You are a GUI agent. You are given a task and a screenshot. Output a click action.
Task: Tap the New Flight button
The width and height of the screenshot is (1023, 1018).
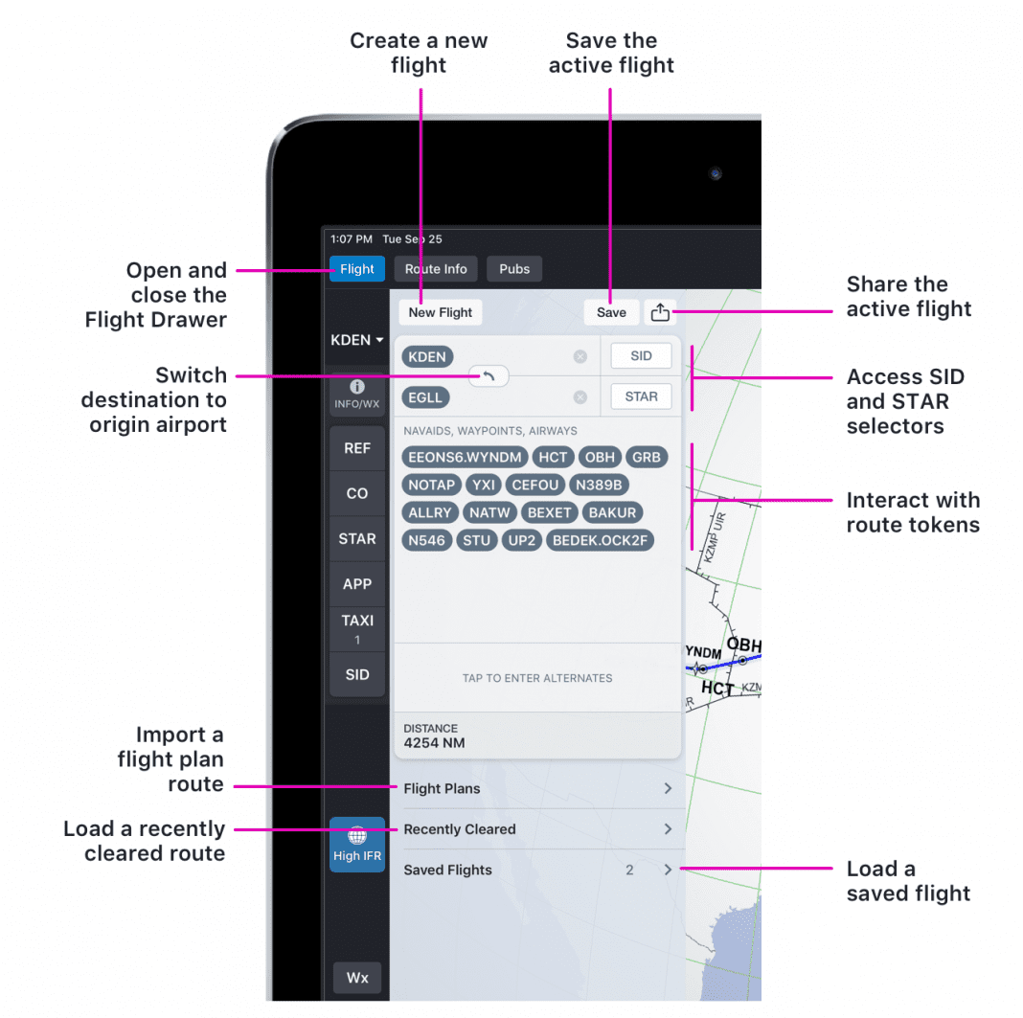[441, 312]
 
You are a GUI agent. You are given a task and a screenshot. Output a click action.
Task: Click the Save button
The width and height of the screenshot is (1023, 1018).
[611, 312]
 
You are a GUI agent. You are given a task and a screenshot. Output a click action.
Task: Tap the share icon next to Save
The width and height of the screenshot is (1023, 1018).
[660, 312]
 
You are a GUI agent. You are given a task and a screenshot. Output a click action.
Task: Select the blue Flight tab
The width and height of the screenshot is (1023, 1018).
[356, 269]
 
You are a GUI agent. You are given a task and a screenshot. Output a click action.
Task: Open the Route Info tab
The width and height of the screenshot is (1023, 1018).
[436, 269]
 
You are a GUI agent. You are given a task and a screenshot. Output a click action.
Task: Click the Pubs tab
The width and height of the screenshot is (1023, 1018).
[514, 269]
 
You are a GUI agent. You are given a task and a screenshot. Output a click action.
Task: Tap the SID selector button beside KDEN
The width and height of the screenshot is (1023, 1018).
[641, 356]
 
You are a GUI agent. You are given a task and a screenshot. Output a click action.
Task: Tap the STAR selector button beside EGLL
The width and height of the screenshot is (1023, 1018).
[641, 396]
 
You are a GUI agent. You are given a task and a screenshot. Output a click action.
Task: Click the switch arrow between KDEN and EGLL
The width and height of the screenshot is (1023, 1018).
[489, 376]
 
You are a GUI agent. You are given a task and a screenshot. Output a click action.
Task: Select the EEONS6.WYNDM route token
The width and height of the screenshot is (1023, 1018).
[465, 458]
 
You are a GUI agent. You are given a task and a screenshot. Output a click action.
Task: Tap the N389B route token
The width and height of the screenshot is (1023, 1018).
[599, 485]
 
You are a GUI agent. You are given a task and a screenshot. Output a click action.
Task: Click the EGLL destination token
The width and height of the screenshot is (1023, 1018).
[426, 396]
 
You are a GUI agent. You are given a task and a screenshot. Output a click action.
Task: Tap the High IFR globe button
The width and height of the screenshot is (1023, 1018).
[357, 845]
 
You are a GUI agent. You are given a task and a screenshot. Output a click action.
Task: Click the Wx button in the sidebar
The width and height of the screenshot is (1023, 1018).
[357, 978]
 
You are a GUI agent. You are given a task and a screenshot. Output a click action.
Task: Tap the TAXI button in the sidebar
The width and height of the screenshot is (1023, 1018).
[357, 628]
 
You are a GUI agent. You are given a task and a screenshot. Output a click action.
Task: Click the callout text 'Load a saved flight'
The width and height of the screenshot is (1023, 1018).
[908, 881]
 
